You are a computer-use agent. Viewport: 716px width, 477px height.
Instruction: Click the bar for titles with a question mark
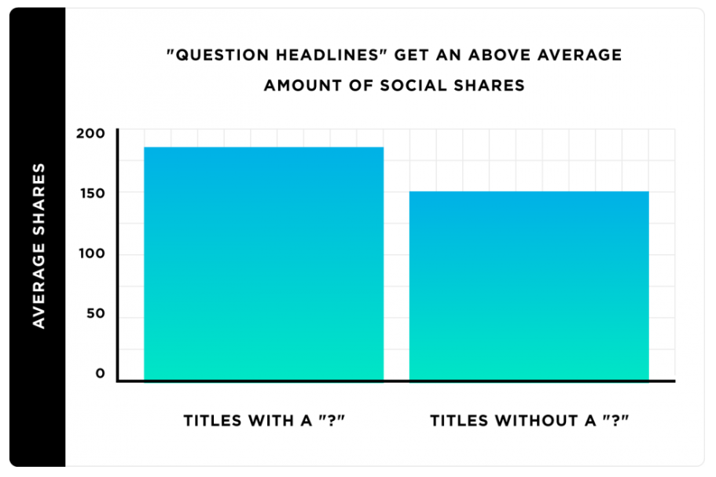[263, 264]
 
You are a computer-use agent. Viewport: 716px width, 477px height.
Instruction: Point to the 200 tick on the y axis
[90, 133]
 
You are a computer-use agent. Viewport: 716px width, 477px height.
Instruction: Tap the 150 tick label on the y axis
[90, 194]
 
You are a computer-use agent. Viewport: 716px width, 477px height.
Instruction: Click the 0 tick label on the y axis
[101, 374]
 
